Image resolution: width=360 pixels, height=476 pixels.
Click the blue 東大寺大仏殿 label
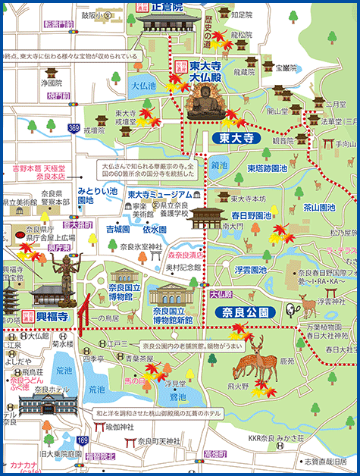205,72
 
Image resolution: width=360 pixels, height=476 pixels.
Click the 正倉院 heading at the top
167,7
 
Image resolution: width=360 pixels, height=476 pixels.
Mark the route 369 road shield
73,129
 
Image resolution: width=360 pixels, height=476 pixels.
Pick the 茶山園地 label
319,207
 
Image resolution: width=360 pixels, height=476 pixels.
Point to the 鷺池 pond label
177,396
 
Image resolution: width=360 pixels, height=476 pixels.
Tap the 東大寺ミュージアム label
157,194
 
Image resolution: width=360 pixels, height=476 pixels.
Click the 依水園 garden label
154,229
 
